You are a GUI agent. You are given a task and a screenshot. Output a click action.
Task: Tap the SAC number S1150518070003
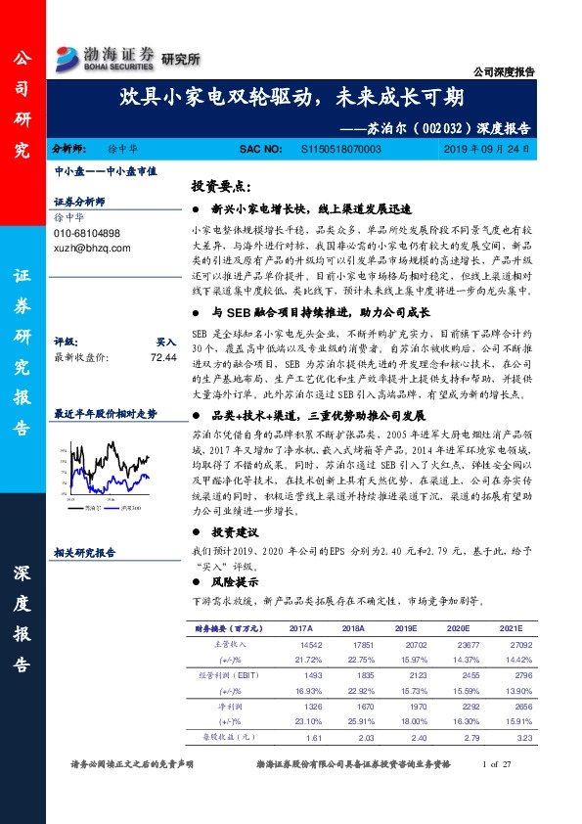pos(331,149)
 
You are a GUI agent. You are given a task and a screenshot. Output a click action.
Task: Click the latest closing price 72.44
pos(163,358)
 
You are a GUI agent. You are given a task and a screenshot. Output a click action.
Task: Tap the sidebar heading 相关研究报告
pos(85,552)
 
